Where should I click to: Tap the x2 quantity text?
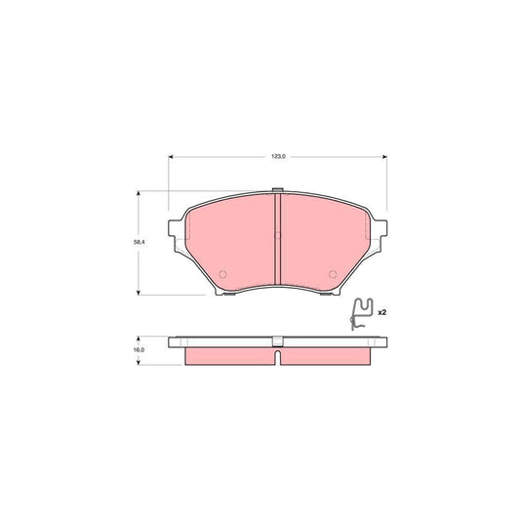[x=382, y=311]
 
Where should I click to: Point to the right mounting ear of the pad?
[x=382, y=230]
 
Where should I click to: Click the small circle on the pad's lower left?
[x=221, y=273]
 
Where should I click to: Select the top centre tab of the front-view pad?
[x=278, y=190]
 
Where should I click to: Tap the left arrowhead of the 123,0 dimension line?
[x=173, y=156]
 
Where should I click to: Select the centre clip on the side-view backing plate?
[x=278, y=340]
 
